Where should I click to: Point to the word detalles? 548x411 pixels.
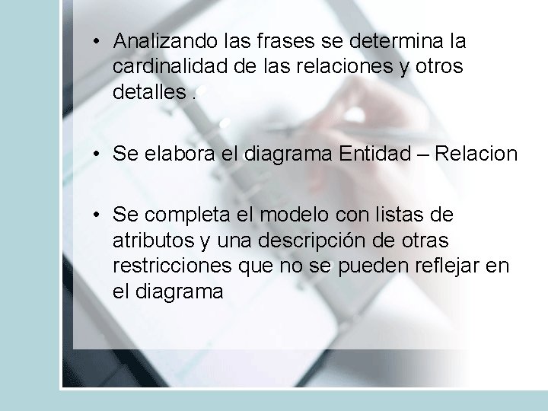click(148, 93)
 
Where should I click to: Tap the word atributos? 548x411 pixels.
click(152, 242)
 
